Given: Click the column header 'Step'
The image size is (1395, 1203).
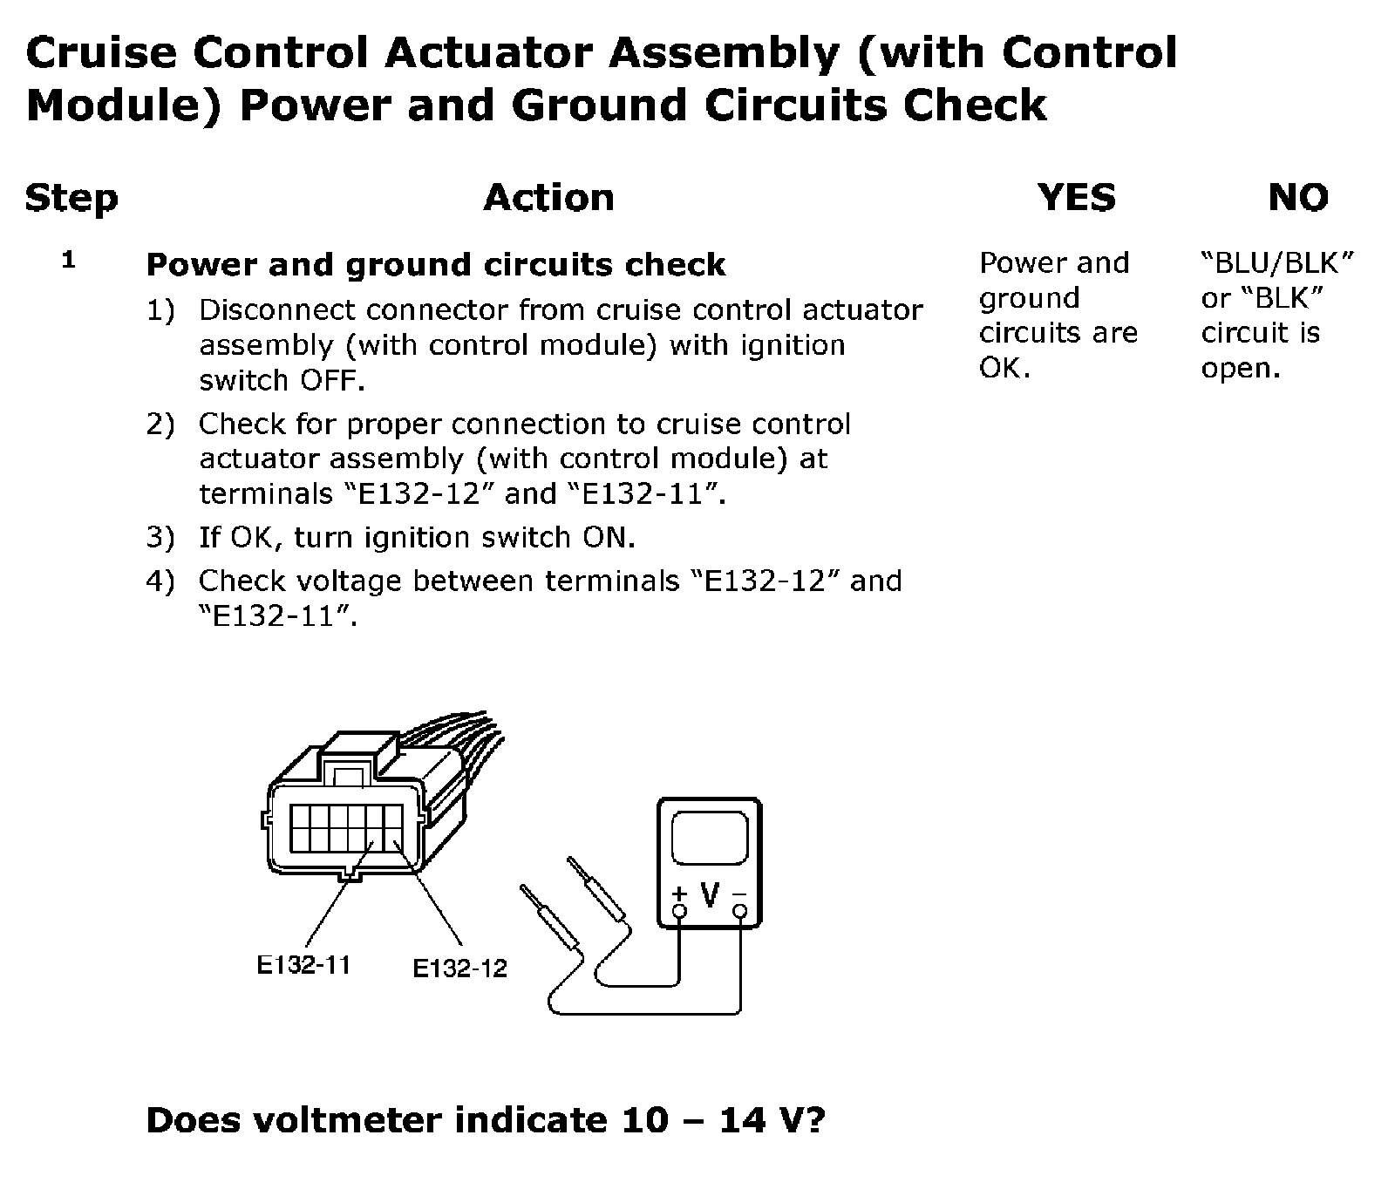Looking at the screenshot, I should (x=71, y=199).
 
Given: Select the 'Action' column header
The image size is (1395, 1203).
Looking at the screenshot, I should (x=548, y=198).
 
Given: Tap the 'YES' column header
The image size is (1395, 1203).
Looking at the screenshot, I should (x=1077, y=198).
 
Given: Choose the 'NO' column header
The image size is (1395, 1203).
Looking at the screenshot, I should (x=1298, y=198).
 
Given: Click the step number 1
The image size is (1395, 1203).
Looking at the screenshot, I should (x=69, y=260).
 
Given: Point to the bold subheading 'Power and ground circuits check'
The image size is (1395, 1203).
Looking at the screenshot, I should (x=435, y=265).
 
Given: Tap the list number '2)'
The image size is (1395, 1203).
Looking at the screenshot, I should (x=160, y=425).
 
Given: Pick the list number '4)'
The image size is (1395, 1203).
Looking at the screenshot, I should (x=160, y=581).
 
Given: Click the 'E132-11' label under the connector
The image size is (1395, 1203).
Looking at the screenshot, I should (x=303, y=964).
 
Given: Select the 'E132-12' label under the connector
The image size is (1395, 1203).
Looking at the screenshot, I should (x=459, y=968).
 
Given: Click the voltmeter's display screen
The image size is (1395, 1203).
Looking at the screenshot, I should (x=709, y=843).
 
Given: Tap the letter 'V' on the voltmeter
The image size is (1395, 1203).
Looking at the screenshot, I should (x=711, y=894).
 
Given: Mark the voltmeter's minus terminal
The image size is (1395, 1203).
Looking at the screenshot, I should (x=740, y=912).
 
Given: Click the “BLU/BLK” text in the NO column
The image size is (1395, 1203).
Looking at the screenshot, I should (x=1277, y=262).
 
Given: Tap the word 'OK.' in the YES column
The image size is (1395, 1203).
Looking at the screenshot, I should (x=1004, y=368).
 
